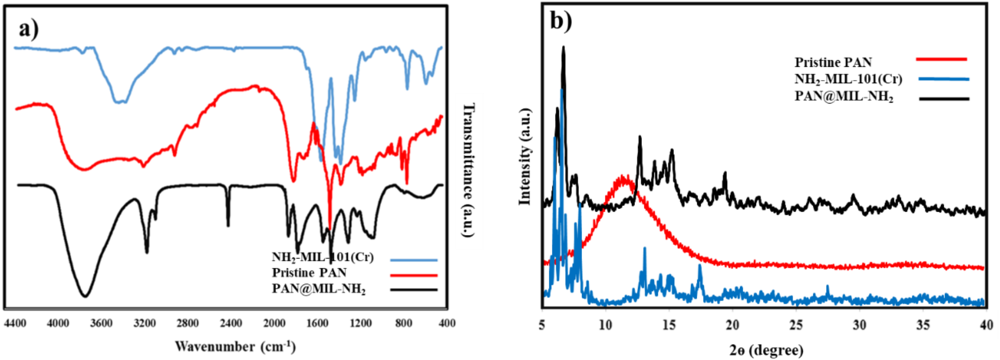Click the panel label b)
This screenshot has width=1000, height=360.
coord(561,21)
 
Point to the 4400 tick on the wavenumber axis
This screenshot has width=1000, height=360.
coord(15,324)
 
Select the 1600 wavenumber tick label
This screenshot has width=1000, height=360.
coord(317,324)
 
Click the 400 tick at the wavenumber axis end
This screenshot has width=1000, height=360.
coord(447,324)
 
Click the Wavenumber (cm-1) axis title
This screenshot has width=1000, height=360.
coord(235,346)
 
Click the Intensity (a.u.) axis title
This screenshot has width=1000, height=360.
coord(525,156)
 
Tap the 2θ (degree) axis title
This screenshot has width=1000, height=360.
coord(766,350)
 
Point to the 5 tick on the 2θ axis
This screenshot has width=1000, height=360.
coord(542,325)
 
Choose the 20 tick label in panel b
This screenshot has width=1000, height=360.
coord(733,325)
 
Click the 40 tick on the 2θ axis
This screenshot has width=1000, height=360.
coord(986,325)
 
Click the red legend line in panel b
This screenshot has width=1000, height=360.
coord(941,59)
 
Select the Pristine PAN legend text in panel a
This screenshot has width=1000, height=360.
coord(309,273)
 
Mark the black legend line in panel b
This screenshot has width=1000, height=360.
coord(944,99)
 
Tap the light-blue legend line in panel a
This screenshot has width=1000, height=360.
coord(413,259)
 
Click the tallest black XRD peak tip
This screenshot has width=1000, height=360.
coord(563,47)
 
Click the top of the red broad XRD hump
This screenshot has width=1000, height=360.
coord(623,176)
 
